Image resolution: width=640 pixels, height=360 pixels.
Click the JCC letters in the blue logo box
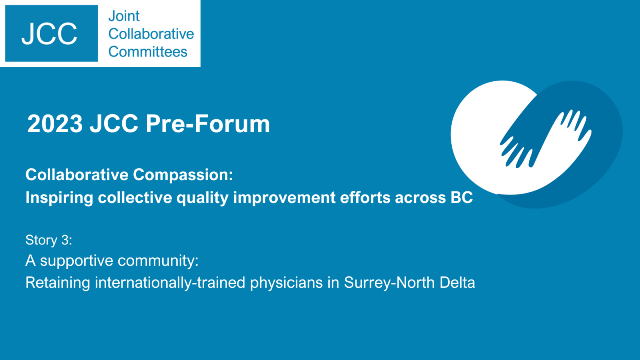click(49, 34)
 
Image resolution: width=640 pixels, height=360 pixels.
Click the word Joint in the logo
click(124, 16)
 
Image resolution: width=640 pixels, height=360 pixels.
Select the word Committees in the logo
click(148, 52)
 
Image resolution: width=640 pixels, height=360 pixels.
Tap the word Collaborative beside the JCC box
click(151, 34)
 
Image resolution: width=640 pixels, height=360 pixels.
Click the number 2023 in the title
click(55, 124)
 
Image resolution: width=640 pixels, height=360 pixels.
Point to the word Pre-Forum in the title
click(208, 124)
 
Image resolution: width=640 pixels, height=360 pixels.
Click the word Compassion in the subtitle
click(183, 175)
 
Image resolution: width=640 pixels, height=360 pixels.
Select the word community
click(158, 261)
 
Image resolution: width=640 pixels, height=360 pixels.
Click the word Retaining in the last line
click(58, 283)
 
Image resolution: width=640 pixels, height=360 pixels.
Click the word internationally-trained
click(170, 283)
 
